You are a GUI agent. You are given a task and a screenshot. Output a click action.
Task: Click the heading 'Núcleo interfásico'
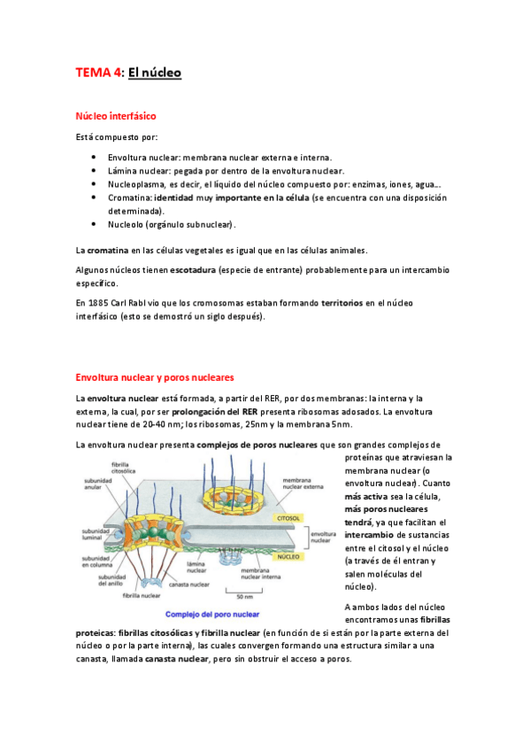point(117,115)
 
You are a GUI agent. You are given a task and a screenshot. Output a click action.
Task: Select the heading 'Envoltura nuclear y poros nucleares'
point(154,376)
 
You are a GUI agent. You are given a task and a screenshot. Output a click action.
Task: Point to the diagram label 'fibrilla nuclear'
point(141,596)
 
